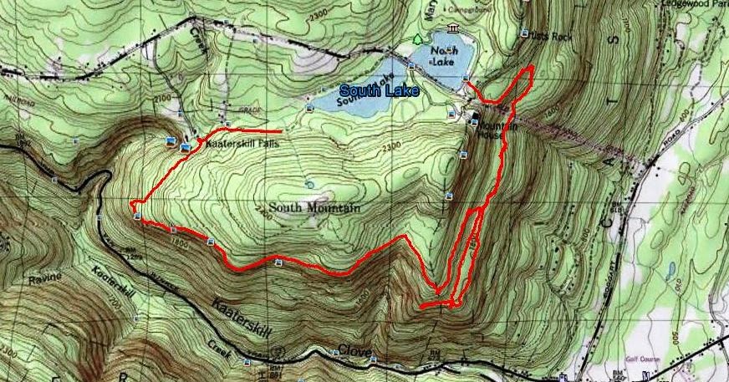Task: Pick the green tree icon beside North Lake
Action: (418, 39)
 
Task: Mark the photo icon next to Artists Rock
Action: (535, 35)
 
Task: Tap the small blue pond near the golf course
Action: (670, 270)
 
